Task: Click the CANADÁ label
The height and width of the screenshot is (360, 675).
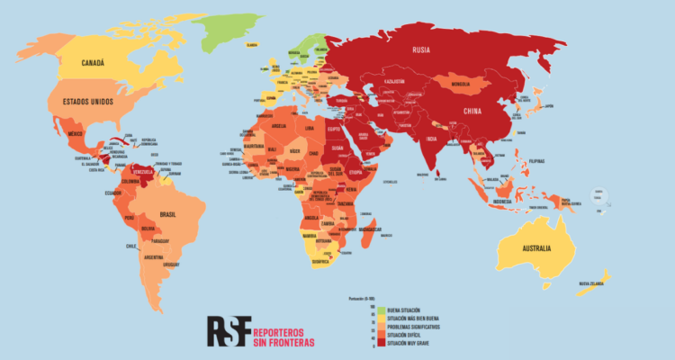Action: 94,63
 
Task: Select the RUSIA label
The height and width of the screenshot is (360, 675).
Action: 424,50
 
